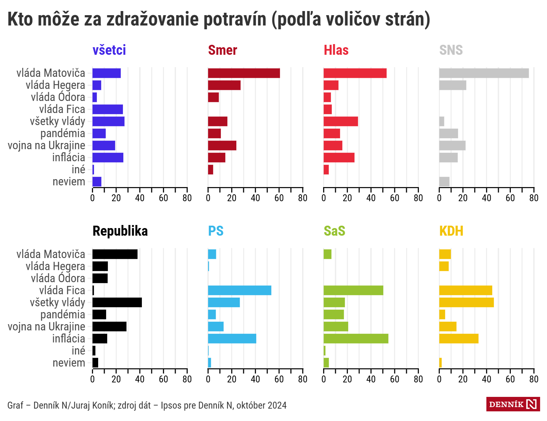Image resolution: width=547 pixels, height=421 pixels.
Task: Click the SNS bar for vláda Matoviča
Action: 484,73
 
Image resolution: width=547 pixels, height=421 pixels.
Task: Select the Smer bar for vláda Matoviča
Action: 244,73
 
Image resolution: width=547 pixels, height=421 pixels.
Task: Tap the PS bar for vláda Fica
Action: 239,290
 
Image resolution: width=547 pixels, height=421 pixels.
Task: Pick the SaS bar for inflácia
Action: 356,339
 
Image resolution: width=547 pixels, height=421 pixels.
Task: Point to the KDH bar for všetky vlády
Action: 466,302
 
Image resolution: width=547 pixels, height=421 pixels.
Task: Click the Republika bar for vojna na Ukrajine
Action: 109,327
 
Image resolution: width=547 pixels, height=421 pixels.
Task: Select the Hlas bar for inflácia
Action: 339,157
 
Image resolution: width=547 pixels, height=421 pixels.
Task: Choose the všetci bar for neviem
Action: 97,182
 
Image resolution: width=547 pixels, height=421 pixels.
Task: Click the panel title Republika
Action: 120,231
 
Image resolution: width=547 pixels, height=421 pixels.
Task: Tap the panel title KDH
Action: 451,231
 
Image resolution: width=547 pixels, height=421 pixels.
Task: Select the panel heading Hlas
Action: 336,50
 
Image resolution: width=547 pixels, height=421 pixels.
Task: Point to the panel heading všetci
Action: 109,50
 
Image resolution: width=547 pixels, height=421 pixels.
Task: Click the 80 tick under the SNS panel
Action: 534,198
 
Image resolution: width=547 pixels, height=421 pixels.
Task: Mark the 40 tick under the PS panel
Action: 255,379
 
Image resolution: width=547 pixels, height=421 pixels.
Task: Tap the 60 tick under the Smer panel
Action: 279,198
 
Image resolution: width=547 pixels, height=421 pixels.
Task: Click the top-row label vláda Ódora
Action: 58,97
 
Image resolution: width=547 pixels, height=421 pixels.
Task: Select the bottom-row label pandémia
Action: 63,315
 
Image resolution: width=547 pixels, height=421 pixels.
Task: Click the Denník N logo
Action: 513,404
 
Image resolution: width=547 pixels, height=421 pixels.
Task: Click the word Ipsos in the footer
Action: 171,405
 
